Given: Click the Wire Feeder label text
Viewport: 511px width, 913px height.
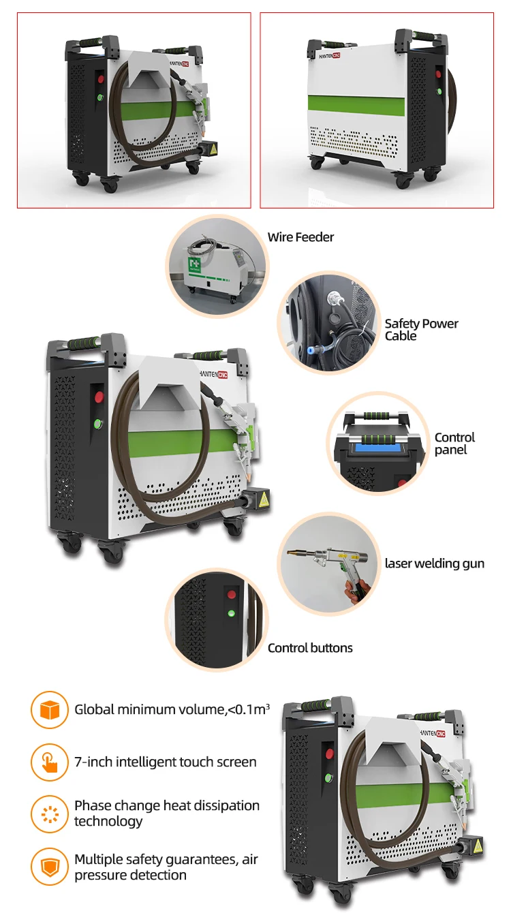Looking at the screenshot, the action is tap(300, 237).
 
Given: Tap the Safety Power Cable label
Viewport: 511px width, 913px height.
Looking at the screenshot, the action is tap(421, 330).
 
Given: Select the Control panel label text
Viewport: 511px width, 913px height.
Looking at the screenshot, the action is tap(454, 444).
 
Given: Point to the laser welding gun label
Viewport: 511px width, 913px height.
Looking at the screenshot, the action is tap(435, 563).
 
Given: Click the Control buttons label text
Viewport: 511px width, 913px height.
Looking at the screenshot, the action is tap(310, 648).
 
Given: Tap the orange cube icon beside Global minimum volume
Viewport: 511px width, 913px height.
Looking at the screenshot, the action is tap(50, 710).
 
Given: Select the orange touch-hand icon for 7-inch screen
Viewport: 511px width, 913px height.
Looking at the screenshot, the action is tap(50, 762).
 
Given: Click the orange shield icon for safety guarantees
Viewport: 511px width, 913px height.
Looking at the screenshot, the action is tap(50, 867).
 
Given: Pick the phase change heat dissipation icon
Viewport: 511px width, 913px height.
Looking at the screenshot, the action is tap(50, 814).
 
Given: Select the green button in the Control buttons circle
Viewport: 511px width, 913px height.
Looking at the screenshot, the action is tap(232, 613).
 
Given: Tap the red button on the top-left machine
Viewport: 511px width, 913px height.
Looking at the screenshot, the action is tap(99, 79).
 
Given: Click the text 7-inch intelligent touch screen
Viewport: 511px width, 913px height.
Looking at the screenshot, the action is tap(166, 762).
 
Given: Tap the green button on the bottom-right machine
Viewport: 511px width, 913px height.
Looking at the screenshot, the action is tap(328, 776).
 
